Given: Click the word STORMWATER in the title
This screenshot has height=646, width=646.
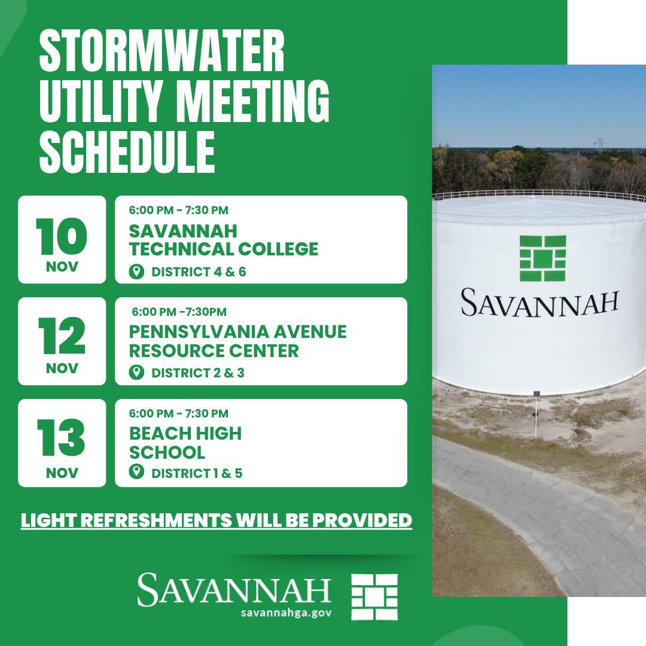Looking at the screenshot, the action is [x=162, y=51].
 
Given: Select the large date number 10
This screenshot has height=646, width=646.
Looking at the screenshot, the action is [x=62, y=236].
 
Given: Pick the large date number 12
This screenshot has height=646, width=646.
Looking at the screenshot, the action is [x=62, y=336].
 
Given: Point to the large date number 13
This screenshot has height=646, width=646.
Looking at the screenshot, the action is [x=61, y=437].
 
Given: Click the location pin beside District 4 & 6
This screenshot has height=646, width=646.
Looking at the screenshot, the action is [x=136, y=272].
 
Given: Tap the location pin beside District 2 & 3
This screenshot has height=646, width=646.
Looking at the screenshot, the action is [x=136, y=373].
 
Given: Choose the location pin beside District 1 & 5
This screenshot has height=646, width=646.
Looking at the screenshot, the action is [x=136, y=472].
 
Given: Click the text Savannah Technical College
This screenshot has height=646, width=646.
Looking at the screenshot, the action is [x=224, y=240].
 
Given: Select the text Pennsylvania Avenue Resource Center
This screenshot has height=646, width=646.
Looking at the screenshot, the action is [x=237, y=341].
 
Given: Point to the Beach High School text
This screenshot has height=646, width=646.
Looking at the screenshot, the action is [x=185, y=443].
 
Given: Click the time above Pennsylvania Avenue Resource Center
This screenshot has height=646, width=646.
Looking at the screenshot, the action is [x=179, y=312].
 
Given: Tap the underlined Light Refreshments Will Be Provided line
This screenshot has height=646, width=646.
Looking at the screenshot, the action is [x=217, y=520].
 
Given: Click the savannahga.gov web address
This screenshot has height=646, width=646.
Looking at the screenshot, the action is [x=287, y=613].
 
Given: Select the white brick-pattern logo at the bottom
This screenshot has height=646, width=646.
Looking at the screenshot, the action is [x=374, y=597].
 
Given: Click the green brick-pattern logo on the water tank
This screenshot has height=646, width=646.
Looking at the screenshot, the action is [x=543, y=258].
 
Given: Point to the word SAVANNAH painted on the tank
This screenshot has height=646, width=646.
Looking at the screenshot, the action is [x=540, y=303].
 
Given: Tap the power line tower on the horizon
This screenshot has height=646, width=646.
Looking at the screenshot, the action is [x=601, y=146].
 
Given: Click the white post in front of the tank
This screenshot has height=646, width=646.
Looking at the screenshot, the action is [x=536, y=414].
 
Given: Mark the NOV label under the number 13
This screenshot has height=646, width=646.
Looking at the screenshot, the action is [x=62, y=473].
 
